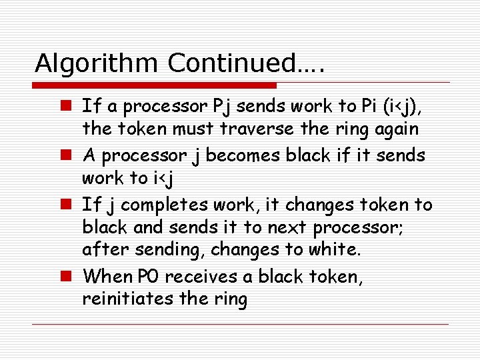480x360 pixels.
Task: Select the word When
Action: [x=107, y=277]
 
